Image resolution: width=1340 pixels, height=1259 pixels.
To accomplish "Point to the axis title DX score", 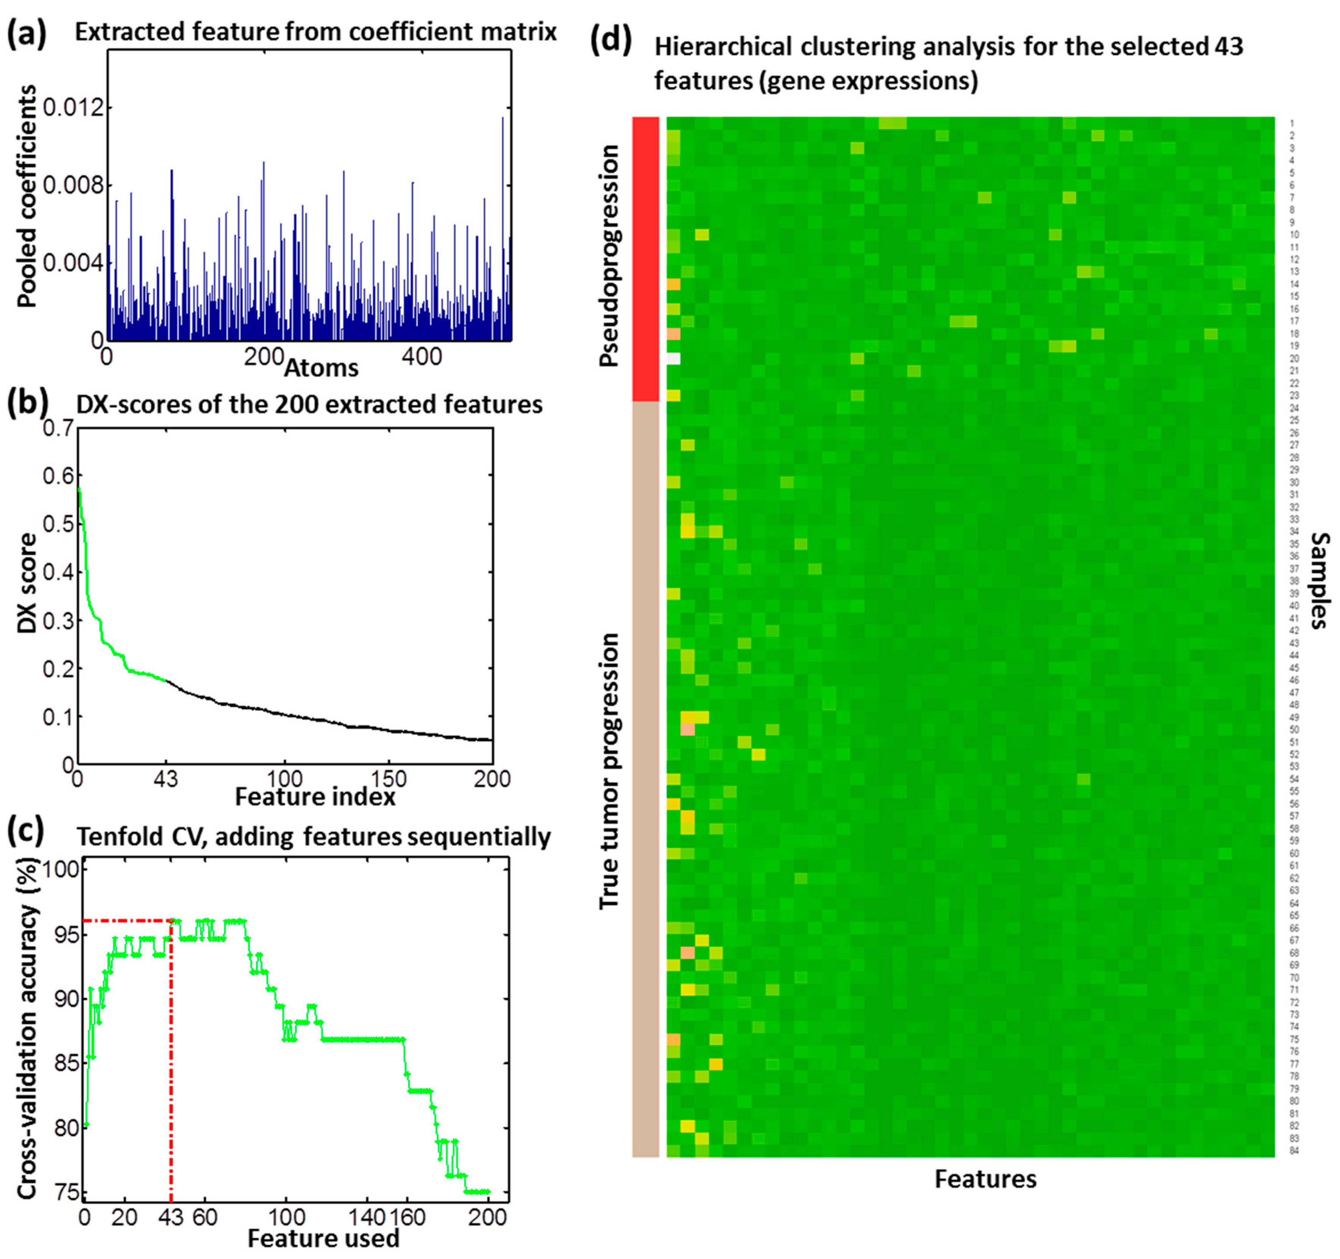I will pos(27,583).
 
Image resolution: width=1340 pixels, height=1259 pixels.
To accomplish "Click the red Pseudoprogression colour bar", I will pos(645,259).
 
